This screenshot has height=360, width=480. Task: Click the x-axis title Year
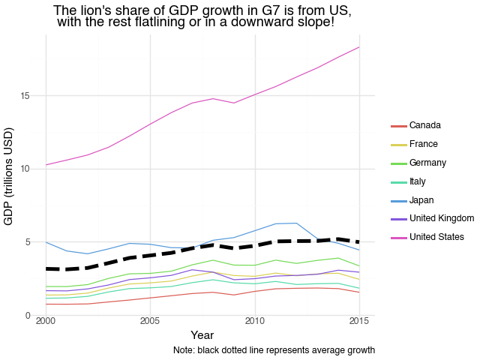click(x=202, y=334)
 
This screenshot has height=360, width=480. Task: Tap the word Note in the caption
click(x=182, y=350)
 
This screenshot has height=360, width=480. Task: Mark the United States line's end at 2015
click(x=359, y=47)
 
